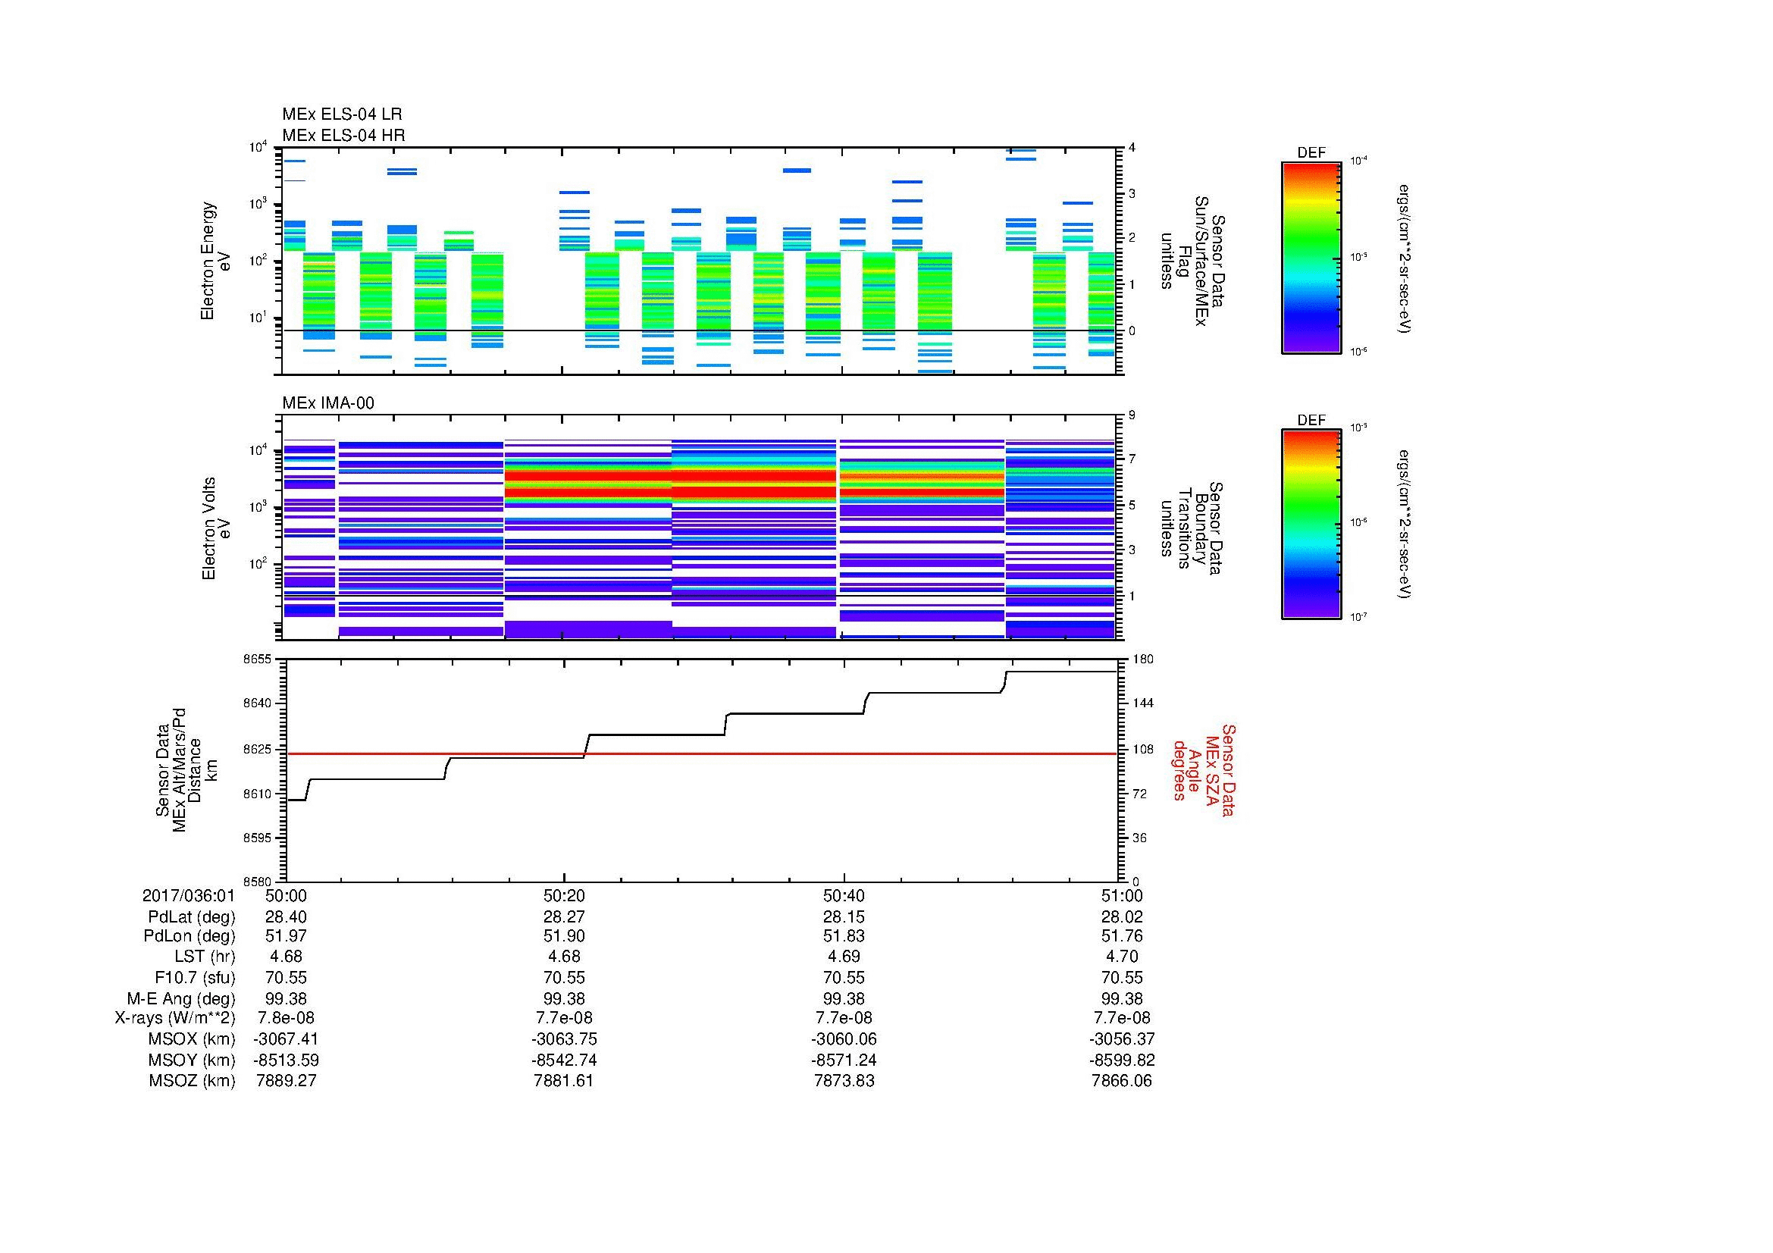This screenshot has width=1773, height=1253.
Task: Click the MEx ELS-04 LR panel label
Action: tap(341, 114)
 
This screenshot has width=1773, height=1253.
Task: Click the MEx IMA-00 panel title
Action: tap(327, 403)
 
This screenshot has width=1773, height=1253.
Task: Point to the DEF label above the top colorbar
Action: tap(1311, 153)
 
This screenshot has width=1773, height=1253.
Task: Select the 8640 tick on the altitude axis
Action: tap(257, 703)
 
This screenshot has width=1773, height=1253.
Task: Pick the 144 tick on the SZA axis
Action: tap(1143, 703)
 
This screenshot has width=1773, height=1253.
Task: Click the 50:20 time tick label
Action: tap(564, 896)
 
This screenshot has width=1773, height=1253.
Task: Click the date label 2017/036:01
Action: tap(189, 896)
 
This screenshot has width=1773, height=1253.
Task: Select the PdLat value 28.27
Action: tap(564, 917)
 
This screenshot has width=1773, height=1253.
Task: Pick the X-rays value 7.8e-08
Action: tap(286, 1018)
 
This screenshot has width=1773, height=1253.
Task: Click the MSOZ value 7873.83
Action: tap(844, 1081)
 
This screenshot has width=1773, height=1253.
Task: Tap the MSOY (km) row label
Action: tap(192, 1060)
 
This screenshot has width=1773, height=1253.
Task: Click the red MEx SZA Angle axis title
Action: tap(1204, 770)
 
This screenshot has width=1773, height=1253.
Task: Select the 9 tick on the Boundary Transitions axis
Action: tap(1132, 415)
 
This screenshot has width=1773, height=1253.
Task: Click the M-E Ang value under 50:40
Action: tap(844, 998)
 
